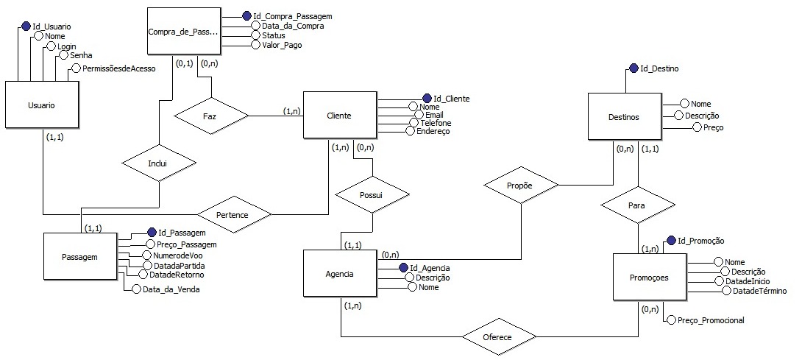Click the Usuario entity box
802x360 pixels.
pos(42,105)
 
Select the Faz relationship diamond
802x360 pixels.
pos(210,116)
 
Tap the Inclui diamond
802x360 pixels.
pos(159,163)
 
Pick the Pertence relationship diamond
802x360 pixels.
pos(234,215)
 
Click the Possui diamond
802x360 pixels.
pos(372,195)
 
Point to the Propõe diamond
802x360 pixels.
pos(521,185)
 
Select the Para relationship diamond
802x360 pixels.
pos(637,205)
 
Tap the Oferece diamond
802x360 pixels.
pos(499,336)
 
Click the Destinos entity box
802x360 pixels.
pos(625,117)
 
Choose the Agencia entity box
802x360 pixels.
pos(340,274)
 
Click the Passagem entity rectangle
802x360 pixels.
pos(80,256)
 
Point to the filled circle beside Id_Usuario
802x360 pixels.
pos(26,26)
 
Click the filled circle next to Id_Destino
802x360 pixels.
pos(634,68)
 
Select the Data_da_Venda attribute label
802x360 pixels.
pos(171,289)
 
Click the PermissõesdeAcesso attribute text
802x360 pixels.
pos(118,68)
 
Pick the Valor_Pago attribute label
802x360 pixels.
pos(282,45)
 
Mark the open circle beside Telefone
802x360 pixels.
pos(414,123)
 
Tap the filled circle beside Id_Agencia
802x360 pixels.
pos(403,267)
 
